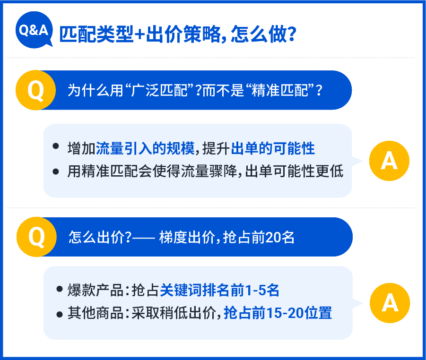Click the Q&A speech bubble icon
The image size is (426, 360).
34,30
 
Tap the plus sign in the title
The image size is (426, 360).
140,34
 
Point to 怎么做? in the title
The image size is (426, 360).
263,34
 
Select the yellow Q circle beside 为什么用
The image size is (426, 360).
35,90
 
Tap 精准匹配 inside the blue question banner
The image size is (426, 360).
280,90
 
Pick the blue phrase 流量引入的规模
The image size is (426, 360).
145,148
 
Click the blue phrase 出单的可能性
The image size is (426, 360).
273,148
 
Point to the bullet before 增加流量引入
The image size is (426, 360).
56,146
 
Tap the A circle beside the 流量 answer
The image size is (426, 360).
389,161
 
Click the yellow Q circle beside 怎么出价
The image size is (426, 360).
37,237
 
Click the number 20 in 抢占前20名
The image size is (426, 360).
273,237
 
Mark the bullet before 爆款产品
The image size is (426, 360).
60,289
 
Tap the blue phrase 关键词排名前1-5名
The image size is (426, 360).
219,290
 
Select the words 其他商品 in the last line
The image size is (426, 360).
96,313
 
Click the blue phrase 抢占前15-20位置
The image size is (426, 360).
278,313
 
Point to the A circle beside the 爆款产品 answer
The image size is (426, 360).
390,303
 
